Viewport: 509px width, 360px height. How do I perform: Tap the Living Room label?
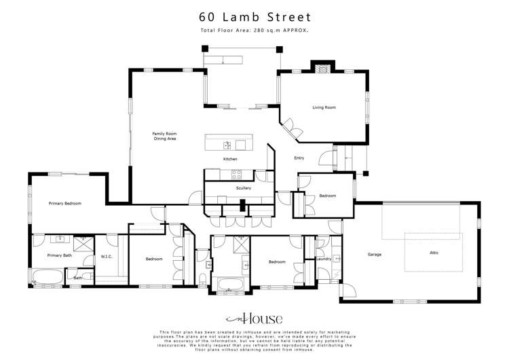324,107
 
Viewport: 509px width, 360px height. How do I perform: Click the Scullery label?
243,188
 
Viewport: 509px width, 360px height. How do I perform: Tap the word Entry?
299,158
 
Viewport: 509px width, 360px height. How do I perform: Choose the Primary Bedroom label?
64,203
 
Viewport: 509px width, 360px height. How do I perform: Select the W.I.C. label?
106,256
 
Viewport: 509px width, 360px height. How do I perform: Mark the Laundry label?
323,259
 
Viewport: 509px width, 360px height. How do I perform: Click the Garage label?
374,255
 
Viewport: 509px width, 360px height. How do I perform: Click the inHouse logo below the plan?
254,319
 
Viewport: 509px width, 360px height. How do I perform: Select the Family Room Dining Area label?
164,136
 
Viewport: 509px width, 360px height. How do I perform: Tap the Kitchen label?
230,159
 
